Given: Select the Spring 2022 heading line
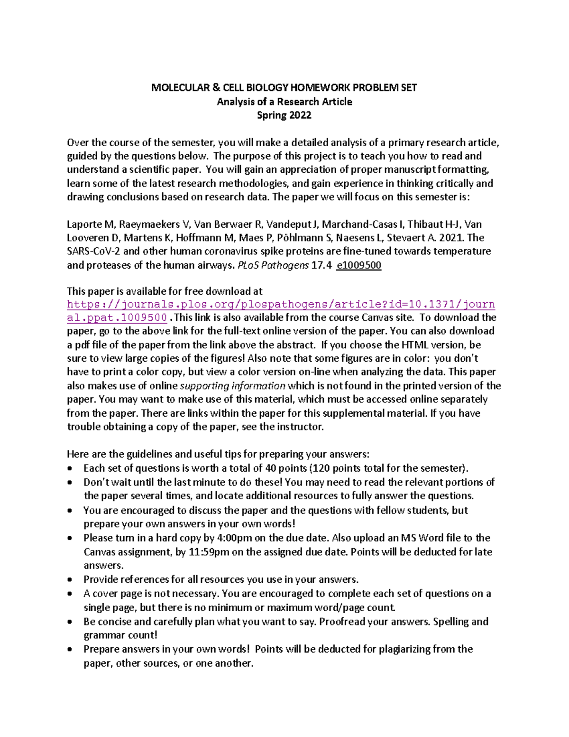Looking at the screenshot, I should tap(284, 115).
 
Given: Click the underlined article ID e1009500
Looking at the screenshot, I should tap(358, 265).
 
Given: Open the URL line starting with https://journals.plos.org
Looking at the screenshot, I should tap(281, 304).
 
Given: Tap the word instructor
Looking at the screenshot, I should tap(300, 427).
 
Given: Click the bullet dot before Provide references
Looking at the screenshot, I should tap(70, 580).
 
